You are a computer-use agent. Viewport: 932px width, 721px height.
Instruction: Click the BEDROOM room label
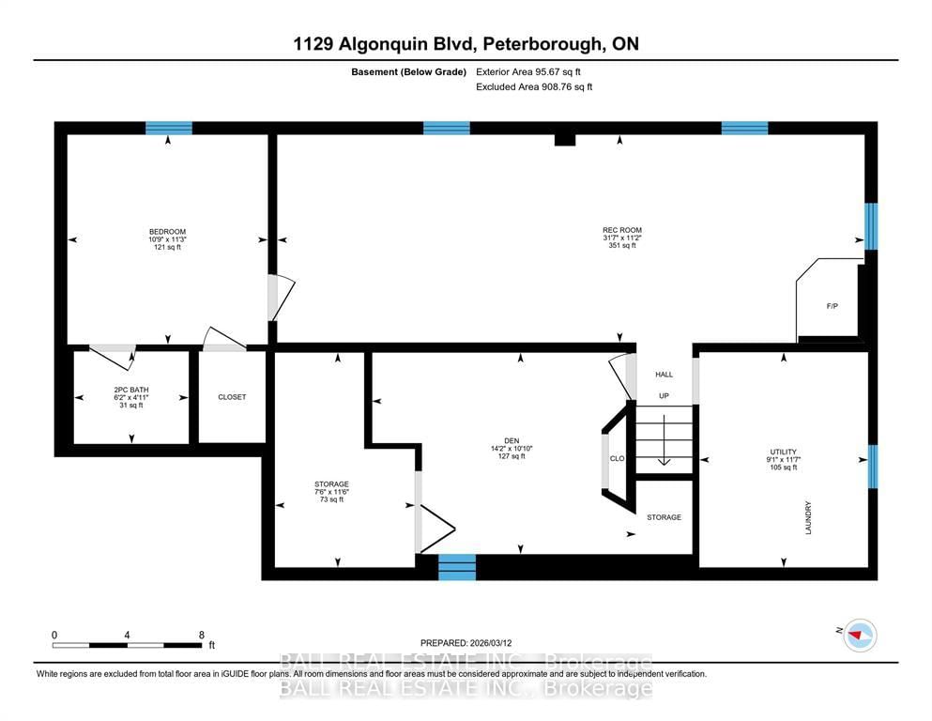coord(167,232)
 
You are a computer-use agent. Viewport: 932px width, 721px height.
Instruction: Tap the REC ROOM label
coord(622,230)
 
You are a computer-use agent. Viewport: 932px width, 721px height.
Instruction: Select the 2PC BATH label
coord(131,390)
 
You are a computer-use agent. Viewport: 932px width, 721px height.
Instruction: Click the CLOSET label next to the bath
coord(232,397)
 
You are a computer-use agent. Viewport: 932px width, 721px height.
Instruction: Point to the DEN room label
coord(512,441)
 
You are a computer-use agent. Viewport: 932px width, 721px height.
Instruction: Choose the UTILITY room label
coord(784,452)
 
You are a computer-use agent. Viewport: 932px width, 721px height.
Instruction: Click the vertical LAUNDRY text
coord(808,517)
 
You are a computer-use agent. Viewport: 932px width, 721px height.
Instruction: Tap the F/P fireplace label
coord(833,306)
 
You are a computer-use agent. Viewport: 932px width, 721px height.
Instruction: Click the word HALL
coord(664,375)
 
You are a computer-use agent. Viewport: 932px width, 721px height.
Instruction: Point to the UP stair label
coord(664,396)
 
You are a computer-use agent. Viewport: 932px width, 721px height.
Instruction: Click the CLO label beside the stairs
coord(617,458)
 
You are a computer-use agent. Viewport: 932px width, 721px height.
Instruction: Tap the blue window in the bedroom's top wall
coord(169,128)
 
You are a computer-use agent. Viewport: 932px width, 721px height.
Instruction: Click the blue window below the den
coord(457,567)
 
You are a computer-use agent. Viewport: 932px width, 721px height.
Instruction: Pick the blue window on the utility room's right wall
coord(872,467)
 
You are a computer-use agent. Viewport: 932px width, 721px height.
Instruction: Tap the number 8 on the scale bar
coord(202,635)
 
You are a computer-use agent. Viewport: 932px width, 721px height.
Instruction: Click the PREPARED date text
coord(466,643)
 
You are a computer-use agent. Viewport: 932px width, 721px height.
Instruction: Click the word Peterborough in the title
coord(542,44)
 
